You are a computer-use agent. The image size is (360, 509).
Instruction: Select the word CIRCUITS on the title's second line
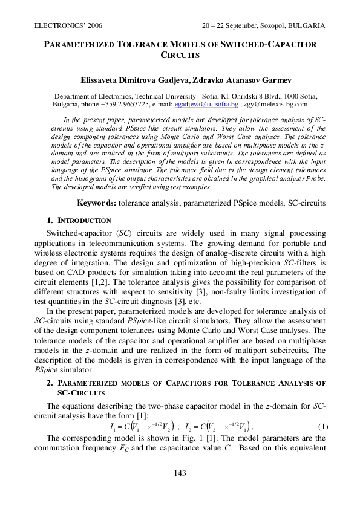coord(180,55)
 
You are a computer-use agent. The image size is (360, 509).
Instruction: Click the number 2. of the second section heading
coord(50,383)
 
